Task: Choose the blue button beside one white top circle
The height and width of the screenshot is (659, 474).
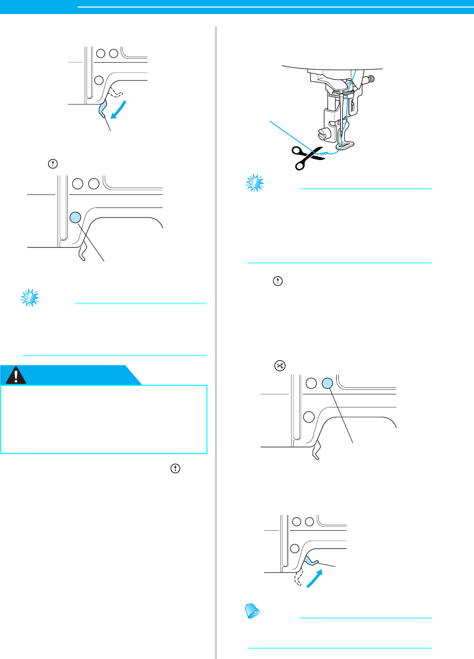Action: point(327,384)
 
